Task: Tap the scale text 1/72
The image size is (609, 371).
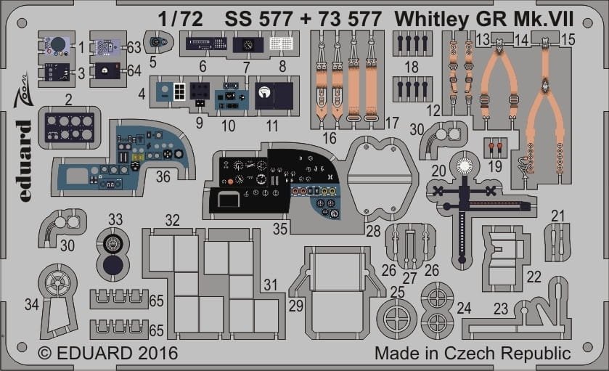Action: click(x=180, y=19)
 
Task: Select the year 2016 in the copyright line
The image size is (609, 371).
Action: click(x=158, y=353)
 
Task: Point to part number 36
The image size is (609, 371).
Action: click(x=163, y=176)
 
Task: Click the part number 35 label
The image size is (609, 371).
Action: click(x=279, y=229)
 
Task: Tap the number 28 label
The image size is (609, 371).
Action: click(x=373, y=231)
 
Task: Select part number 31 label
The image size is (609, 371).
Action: click(x=270, y=285)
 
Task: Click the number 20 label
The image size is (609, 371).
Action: click(x=438, y=171)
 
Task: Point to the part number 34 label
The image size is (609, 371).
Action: click(x=31, y=304)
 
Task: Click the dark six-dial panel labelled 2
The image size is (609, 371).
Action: click(x=69, y=128)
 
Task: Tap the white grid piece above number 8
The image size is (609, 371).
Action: click(x=281, y=43)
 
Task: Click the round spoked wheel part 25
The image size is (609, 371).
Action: click(x=397, y=319)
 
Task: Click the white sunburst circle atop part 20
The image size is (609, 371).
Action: click(x=464, y=166)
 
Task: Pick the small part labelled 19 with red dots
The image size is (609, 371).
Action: click(x=495, y=147)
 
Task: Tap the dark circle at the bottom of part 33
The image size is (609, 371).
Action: click(x=113, y=266)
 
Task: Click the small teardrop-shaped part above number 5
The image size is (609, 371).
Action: click(x=158, y=42)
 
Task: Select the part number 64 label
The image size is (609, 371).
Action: click(x=134, y=71)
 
